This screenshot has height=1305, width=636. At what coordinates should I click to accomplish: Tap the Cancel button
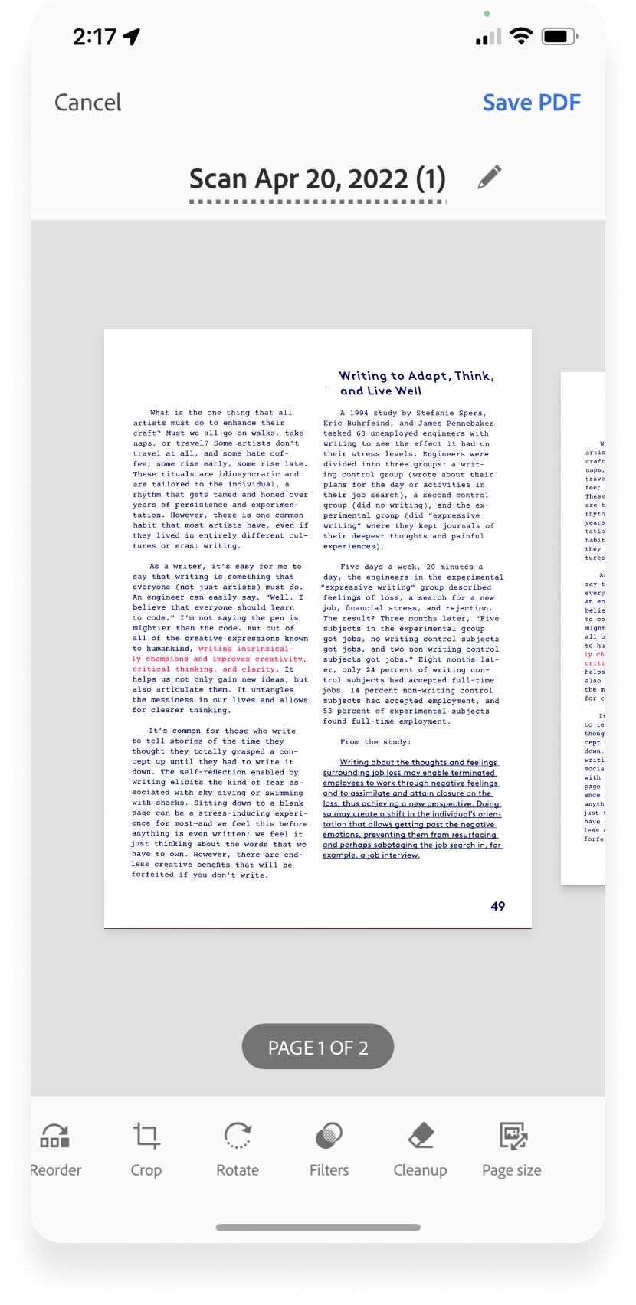click(87, 103)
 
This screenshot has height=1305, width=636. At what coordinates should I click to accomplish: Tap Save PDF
click(531, 103)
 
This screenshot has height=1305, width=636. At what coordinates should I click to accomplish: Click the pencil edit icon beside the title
click(490, 177)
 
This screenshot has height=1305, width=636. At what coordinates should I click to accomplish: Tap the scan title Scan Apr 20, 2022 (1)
click(317, 179)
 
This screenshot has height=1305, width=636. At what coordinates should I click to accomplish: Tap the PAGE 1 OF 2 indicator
click(318, 1047)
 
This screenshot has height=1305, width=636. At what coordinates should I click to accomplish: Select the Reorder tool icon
click(55, 1136)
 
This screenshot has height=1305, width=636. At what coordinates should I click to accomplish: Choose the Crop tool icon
click(146, 1136)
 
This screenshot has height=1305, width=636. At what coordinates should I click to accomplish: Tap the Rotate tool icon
click(238, 1136)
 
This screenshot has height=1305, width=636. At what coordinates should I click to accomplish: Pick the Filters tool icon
click(329, 1136)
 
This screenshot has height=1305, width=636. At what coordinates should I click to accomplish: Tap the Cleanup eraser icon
click(421, 1136)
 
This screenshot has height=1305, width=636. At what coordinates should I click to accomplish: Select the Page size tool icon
click(512, 1136)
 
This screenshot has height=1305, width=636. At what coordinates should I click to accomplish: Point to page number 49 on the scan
click(497, 906)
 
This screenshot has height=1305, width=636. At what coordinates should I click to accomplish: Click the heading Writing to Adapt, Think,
click(416, 376)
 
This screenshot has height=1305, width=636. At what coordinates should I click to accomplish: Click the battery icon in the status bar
click(559, 36)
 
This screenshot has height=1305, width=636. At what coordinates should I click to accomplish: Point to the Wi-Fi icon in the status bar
click(522, 36)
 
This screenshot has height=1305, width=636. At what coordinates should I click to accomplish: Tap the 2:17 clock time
click(94, 37)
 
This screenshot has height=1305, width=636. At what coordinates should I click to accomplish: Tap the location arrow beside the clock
click(132, 37)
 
